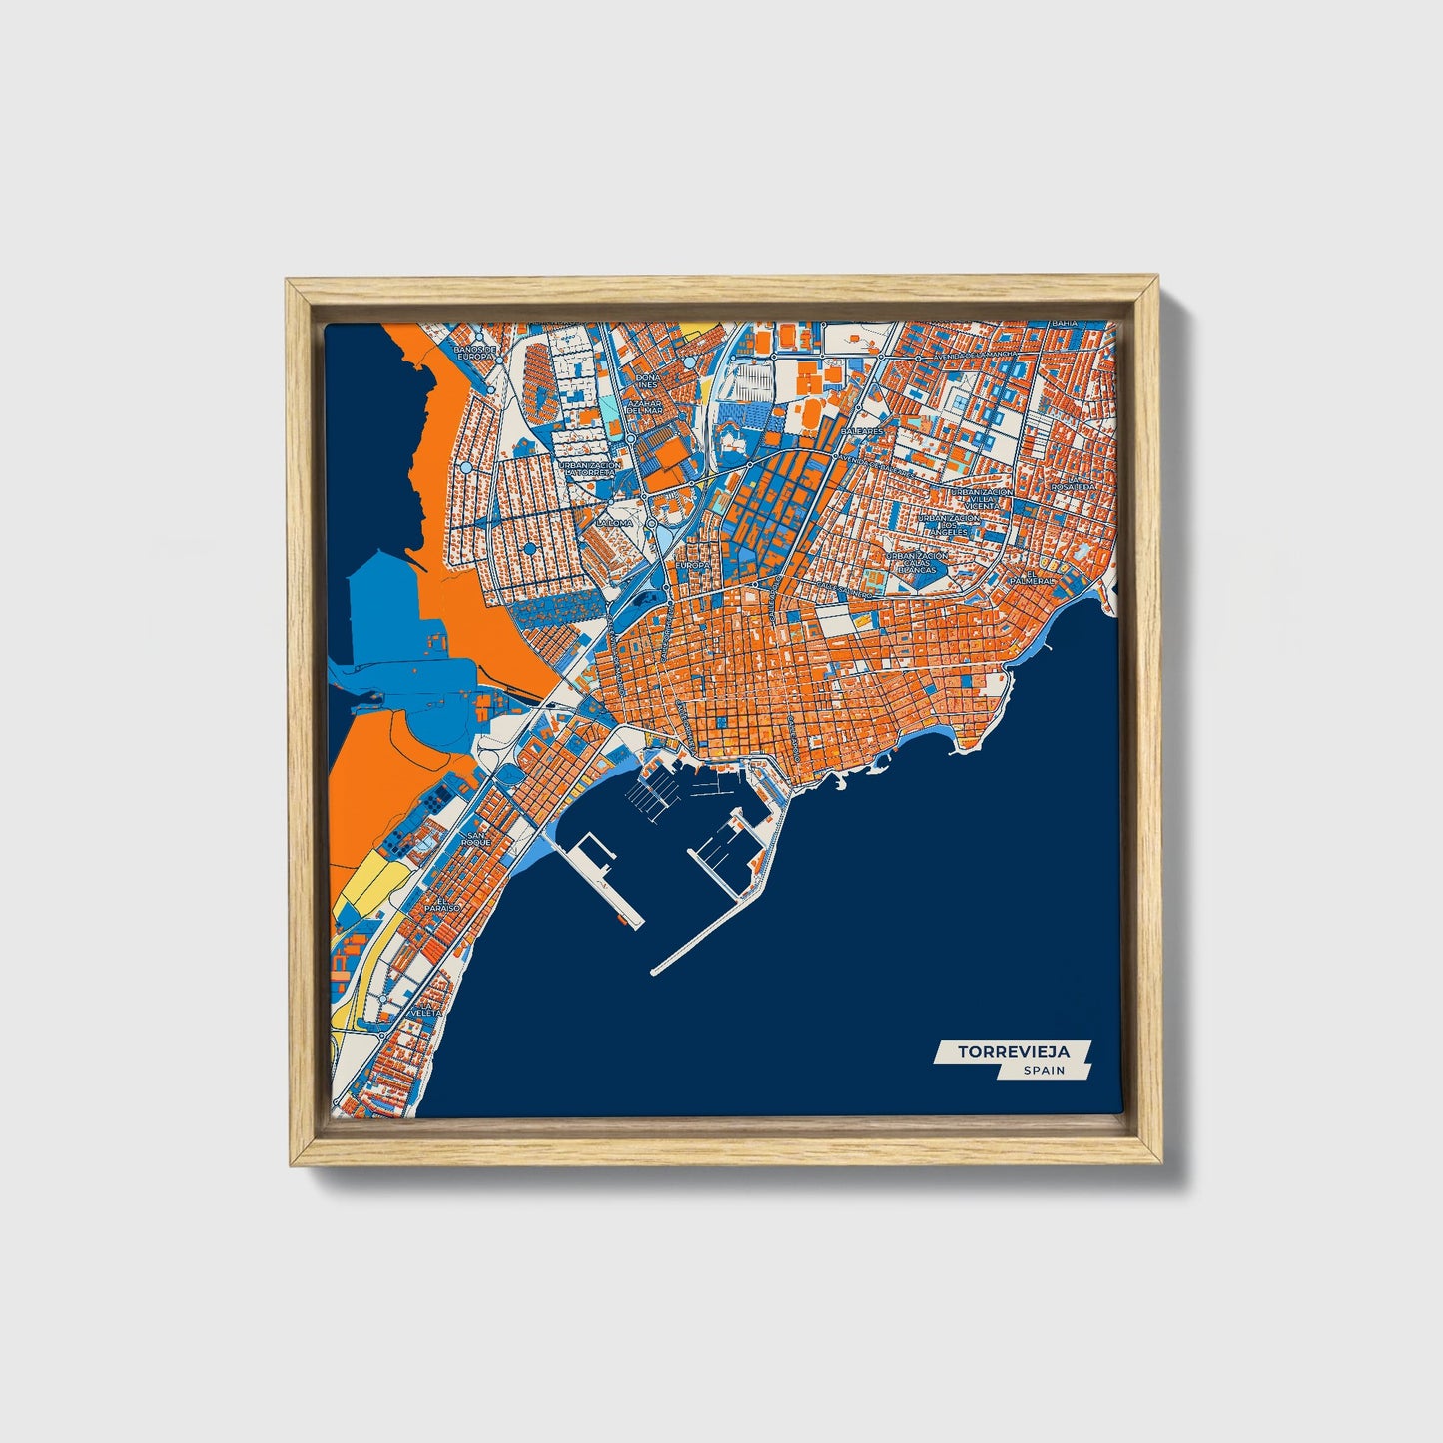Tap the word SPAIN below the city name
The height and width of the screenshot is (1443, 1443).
click(1043, 1071)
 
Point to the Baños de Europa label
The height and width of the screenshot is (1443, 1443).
click(474, 353)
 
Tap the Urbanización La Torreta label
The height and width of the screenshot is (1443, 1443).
click(590, 469)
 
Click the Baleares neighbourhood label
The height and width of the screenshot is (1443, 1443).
click(863, 430)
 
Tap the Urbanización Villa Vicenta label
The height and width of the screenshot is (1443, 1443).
click(981, 500)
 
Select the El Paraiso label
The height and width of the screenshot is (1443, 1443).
click(440, 904)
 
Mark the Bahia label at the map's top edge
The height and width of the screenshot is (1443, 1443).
click(1065, 325)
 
